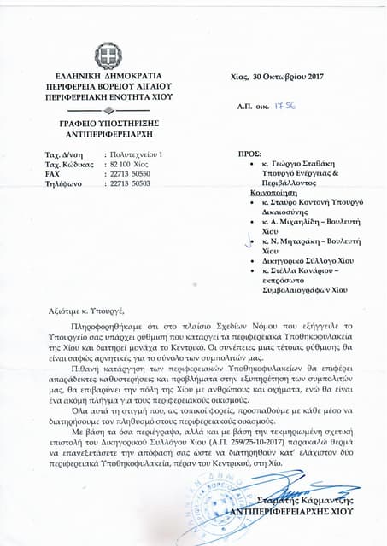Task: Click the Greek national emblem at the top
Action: click(x=108, y=58)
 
